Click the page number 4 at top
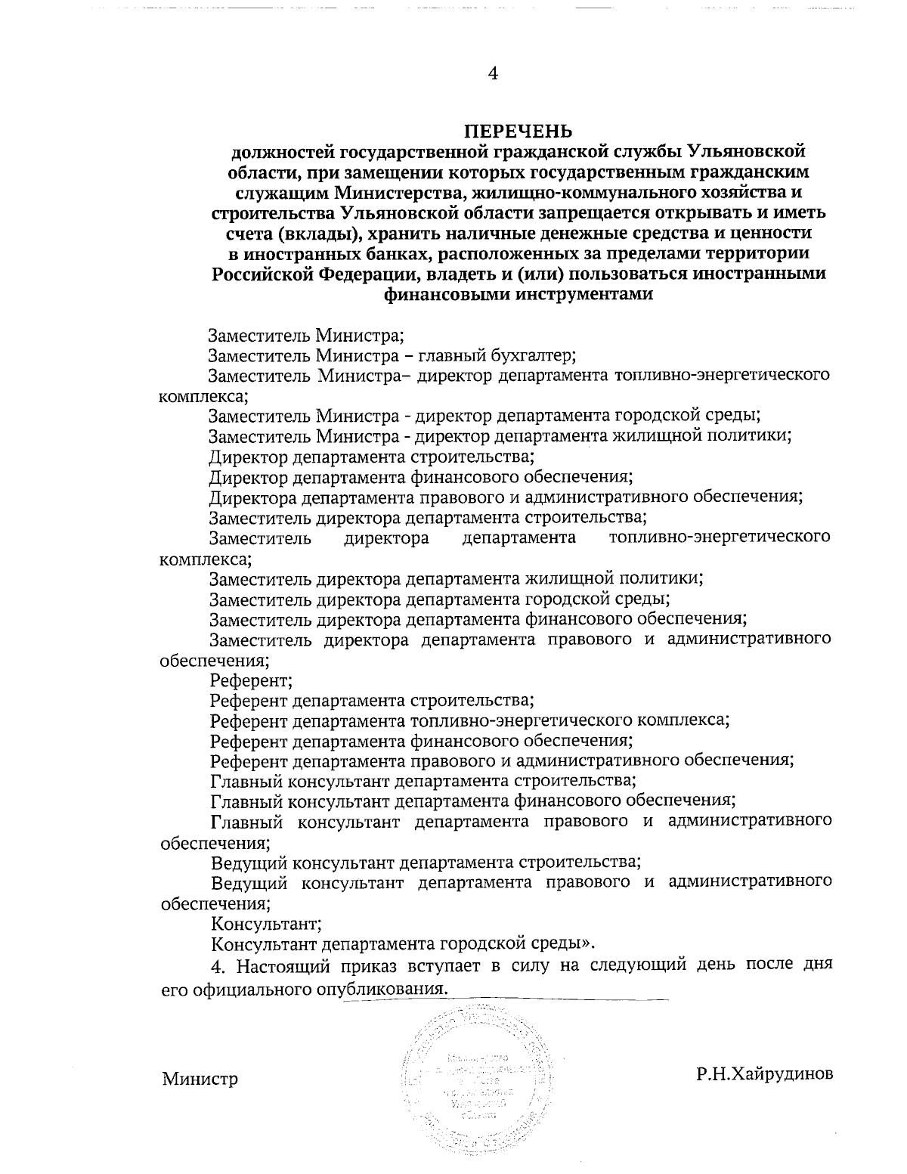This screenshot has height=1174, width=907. (x=493, y=73)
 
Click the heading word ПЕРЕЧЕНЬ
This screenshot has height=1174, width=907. (x=518, y=131)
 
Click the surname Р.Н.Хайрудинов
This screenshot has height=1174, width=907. (x=765, y=1074)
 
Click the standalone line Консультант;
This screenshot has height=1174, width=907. (x=267, y=923)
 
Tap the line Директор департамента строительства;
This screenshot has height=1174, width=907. (x=371, y=456)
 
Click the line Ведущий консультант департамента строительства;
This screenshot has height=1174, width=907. (x=426, y=862)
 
